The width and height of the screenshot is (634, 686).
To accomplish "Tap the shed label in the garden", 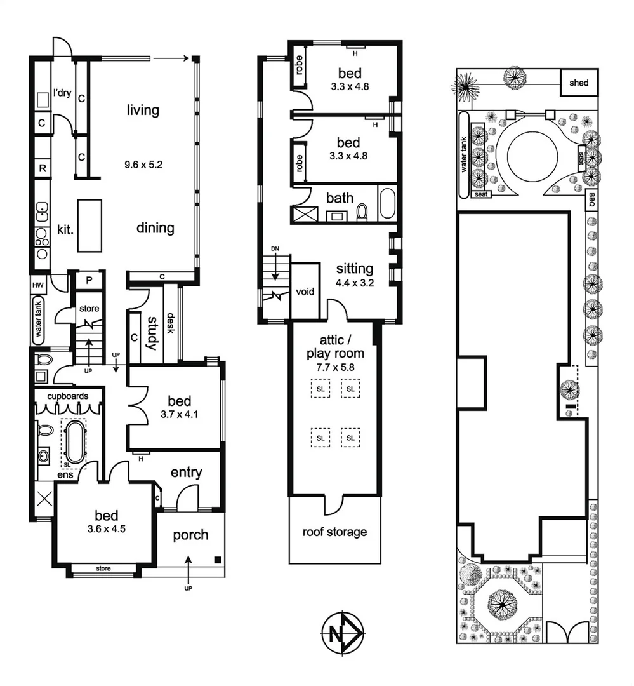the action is pos(579,83).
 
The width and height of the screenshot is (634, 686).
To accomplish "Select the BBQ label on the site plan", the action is pos(591,198).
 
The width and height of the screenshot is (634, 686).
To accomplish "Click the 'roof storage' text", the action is pos(334,532).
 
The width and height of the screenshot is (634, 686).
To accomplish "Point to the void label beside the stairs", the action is pos(305,292).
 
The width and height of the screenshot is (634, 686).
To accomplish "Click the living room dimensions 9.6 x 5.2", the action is pos(143,163).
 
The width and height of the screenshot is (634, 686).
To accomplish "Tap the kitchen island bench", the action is pos(89,225).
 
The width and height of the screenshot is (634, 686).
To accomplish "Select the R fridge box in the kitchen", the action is pos(43,168).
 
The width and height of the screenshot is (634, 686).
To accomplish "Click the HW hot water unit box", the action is pos(37,286).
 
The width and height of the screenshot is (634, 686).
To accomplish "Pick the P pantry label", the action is pos(88,280).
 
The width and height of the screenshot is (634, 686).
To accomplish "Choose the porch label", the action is pos(190,535).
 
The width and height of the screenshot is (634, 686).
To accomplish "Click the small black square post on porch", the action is pos(218,560).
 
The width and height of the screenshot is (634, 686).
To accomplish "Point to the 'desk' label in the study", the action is pos(171,325).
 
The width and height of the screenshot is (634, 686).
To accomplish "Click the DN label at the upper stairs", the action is pos(275,248).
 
